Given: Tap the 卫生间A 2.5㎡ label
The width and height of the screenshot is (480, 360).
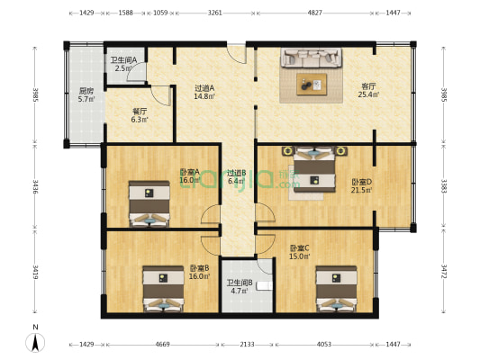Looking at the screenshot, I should point(124,64).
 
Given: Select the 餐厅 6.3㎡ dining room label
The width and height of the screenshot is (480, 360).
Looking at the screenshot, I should point(139,115).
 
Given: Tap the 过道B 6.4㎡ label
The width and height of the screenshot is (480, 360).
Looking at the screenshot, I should point(236,177).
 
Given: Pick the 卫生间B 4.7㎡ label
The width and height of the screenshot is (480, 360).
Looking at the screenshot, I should point(239,287).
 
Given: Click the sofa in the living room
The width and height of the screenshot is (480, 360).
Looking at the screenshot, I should point(312,58).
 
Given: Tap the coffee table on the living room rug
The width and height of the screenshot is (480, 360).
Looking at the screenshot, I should point(312,85).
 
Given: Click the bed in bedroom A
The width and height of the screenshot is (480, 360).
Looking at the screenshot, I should point(149,203).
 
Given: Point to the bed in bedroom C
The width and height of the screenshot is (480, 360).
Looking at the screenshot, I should point(337,287).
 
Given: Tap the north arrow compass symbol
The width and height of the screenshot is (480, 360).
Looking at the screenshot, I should point(34,339).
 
